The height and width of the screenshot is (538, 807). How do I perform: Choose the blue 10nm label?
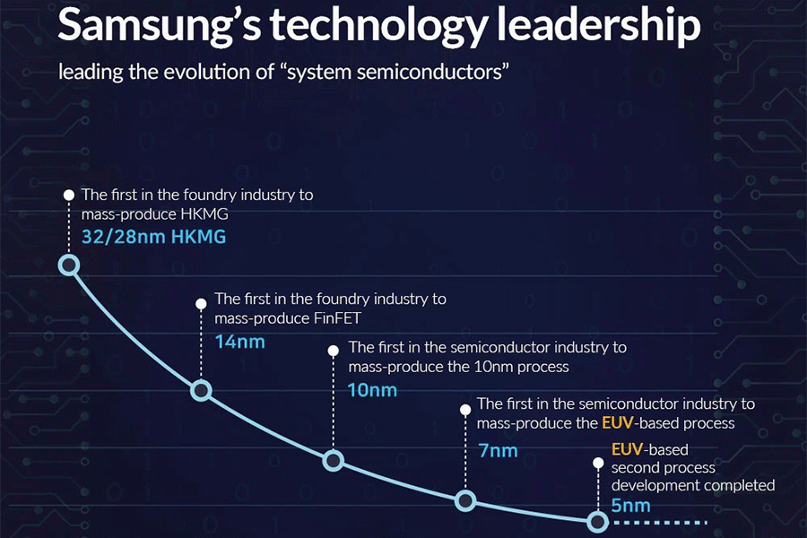pos(371,390)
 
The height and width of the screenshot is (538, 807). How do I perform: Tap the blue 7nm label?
pos(498,450)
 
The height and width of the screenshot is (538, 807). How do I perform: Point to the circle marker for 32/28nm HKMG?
pos(69,265)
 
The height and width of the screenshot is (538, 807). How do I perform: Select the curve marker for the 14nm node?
pos(201,390)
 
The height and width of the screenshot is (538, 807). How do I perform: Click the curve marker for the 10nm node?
pos(333,461)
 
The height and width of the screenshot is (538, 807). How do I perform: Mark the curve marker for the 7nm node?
pos(464,501)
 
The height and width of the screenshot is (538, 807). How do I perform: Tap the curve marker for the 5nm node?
pos(597,521)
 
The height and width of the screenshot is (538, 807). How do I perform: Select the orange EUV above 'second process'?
pos(626,449)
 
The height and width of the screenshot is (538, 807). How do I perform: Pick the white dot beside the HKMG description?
pos(69,195)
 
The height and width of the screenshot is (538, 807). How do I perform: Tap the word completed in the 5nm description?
pos(738,485)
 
